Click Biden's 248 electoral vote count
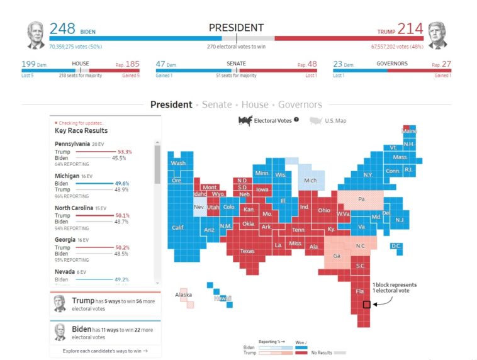62,28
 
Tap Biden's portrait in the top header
36,35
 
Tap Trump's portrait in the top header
437,35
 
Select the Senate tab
216,105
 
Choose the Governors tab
300,105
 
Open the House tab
255,105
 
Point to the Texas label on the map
247,251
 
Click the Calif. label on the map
178,228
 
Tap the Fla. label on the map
360,291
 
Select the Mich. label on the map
310,181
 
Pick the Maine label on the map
409,131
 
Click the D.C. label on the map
396,245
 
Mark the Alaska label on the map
183,295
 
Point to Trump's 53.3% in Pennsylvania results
124,152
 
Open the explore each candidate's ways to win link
105,351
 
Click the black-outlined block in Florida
366,305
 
